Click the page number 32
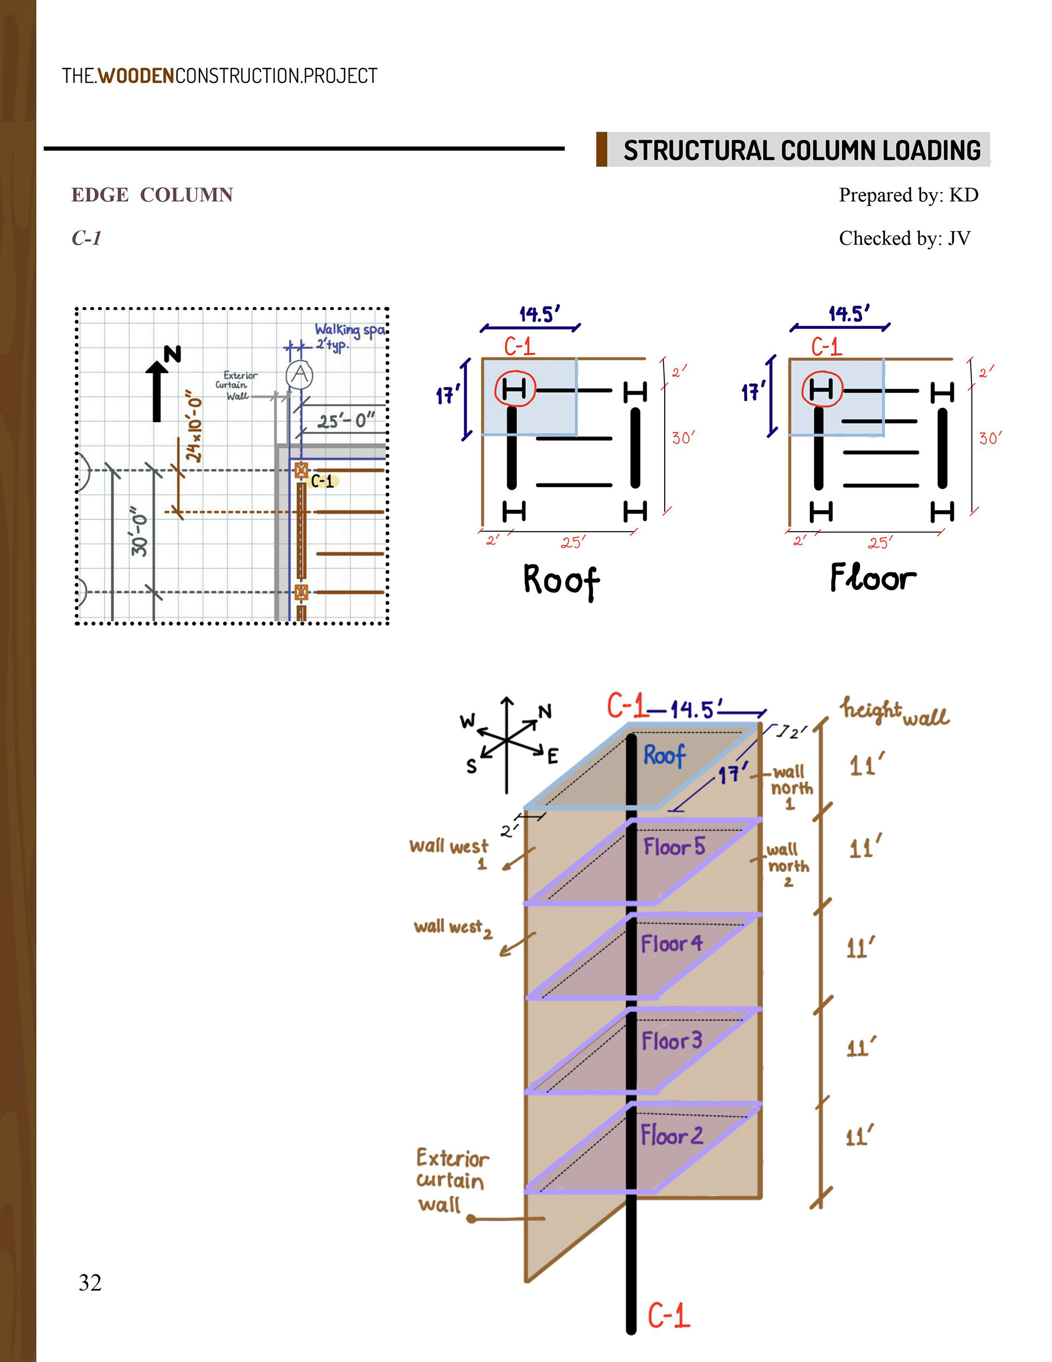[x=90, y=1282]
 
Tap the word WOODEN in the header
[x=136, y=76]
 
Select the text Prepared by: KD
[x=908, y=195]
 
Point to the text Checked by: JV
[x=904, y=238]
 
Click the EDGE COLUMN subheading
[x=152, y=195]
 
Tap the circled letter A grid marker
[x=300, y=375]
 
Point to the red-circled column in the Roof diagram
[x=514, y=390]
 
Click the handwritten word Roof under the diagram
[x=561, y=580]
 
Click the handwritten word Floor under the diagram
[x=873, y=578]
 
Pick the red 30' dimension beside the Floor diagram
[x=990, y=438]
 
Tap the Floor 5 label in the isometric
[x=674, y=847]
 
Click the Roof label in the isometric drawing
[x=664, y=755]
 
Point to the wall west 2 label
[x=453, y=928]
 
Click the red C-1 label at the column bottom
[x=668, y=1315]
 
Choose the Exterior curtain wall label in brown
[x=451, y=1181]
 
